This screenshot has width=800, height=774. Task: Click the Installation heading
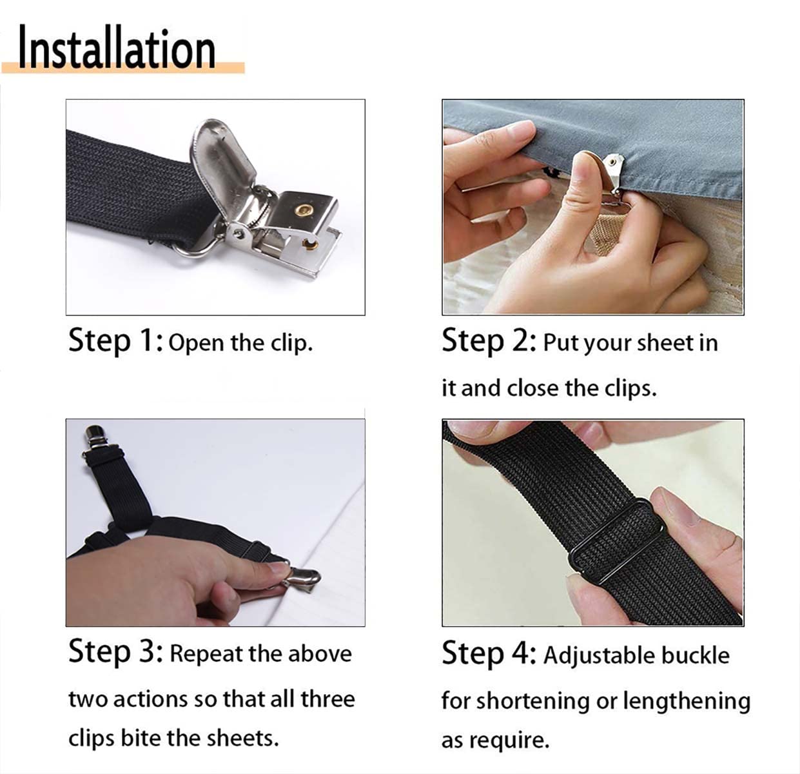[117, 47]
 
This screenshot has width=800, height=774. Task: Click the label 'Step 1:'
[116, 341]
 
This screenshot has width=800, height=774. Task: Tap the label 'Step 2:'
[489, 341]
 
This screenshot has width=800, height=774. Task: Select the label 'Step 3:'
[116, 652]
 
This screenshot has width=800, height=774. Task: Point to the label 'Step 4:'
[489, 654]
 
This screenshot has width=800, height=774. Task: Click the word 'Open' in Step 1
[197, 344]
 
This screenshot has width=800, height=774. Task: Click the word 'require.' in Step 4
[509, 741]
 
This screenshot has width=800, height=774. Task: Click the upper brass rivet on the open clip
[304, 210]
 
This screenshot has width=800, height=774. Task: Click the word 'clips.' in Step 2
[630, 388]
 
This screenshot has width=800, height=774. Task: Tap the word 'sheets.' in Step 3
[242, 739]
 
